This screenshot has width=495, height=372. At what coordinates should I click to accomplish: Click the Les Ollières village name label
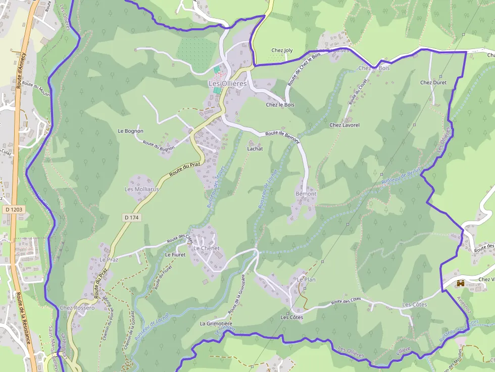pos(228,84)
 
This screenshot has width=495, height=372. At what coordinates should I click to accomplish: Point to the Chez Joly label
pos(282,50)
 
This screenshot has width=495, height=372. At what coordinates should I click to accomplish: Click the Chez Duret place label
pos(433,82)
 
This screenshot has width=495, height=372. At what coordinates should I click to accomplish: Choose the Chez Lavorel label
pos(344,125)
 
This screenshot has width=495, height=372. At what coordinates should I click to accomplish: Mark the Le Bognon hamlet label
pos(131,131)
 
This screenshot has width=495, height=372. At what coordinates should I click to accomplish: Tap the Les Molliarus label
pos(142,189)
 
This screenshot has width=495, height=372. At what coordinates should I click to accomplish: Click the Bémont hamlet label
pos(306,194)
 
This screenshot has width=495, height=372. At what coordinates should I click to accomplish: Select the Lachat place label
pos(255,149)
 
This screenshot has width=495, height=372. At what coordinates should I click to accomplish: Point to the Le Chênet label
pos(207,248)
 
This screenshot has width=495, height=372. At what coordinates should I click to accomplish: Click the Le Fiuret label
pos(175,255)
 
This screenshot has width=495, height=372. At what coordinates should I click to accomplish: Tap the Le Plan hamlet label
pos(306,279)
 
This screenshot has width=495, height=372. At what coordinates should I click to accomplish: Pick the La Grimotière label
pos(216,324)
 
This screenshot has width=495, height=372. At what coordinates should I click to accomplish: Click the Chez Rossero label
pos(77,308)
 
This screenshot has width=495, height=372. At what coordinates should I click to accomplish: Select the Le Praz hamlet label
pos(109,259)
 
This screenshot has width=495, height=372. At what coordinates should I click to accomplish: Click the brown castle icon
pos(461,284)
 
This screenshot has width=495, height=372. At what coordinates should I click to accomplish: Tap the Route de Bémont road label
pos(282,137)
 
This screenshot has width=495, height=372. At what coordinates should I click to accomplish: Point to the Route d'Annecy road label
pos(21,70)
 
